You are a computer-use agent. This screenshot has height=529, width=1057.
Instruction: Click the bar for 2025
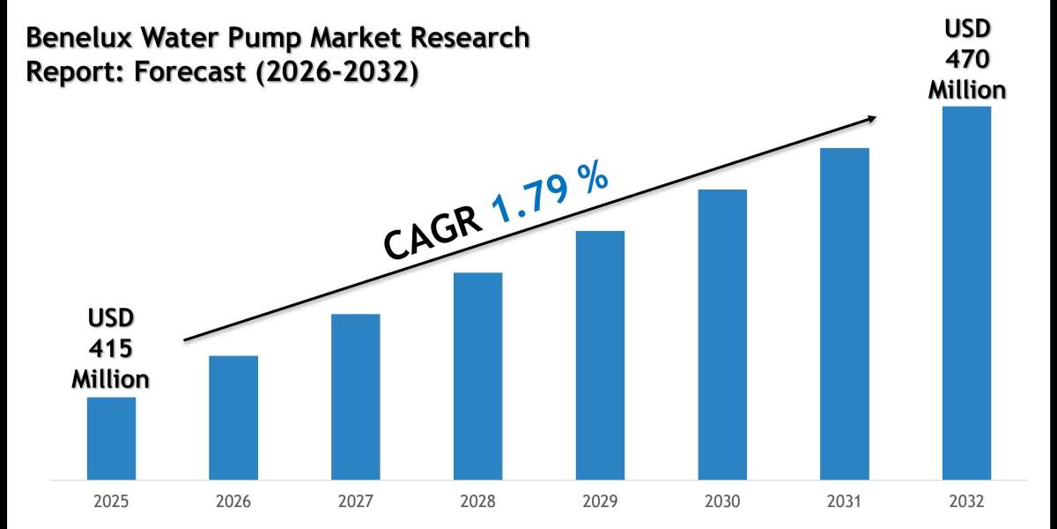click(x=111, y=438)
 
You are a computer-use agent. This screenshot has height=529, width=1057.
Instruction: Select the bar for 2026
click(x=233, y=418)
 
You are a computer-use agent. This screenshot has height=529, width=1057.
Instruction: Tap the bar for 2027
click(x=356, y=397)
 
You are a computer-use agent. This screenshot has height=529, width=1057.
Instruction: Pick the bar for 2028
click(x=478, y=376)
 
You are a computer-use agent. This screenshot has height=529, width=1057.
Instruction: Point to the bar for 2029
click(x=601, y=355)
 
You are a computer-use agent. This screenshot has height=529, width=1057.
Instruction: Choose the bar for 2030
click(x=722, y=335)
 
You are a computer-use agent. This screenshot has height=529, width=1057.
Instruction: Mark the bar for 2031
click(x=845, y=314)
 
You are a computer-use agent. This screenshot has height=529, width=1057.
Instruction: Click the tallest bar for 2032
click(x=967, y=294)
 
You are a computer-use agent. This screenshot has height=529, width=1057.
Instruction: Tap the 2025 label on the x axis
click(x=111, y=503)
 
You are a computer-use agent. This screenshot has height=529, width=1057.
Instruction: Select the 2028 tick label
click(x=478, y=503)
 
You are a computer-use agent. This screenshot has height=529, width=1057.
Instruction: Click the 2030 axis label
click(x=722, y=503)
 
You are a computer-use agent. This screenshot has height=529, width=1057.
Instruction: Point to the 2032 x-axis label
click(x=967, y=503)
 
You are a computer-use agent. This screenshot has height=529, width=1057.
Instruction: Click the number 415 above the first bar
click(x=110, y=349)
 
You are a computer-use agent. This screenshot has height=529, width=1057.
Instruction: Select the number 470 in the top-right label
click(x=967, y=60)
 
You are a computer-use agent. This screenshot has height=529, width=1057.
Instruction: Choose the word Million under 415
click(x=110, y=379)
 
